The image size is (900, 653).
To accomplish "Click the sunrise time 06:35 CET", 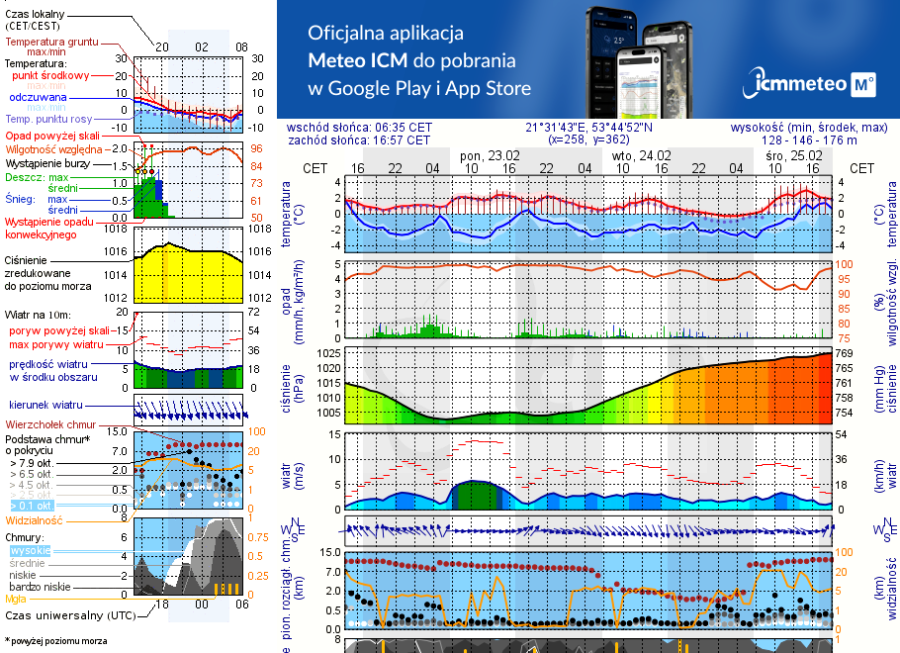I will point(404,128).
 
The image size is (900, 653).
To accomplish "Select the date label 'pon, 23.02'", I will point(490,155).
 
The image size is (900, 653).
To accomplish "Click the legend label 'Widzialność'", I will point(34,519).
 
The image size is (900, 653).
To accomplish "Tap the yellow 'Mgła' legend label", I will point(16,599).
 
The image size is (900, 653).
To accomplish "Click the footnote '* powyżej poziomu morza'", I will point(55,641).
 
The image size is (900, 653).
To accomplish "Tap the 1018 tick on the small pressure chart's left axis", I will point(117,229).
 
